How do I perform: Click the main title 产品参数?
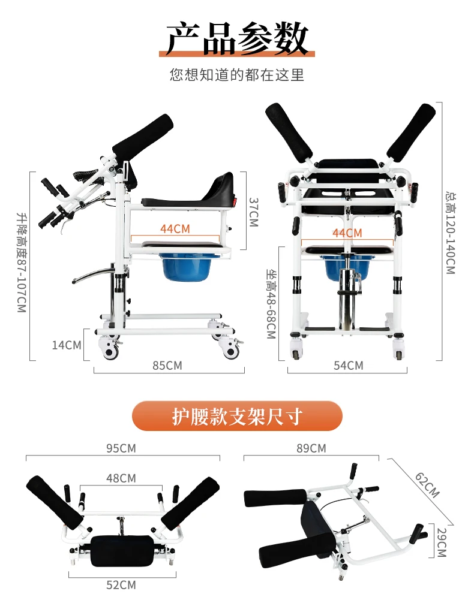pos(237,38)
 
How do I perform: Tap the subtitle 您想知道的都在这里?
pos(237,75)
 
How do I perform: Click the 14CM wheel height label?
pos(66,345)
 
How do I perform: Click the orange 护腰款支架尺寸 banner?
pos(237,416)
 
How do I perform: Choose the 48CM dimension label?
pos(121,478)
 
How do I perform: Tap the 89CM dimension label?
pos(311,448)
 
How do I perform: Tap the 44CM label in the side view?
pos(175,228)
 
